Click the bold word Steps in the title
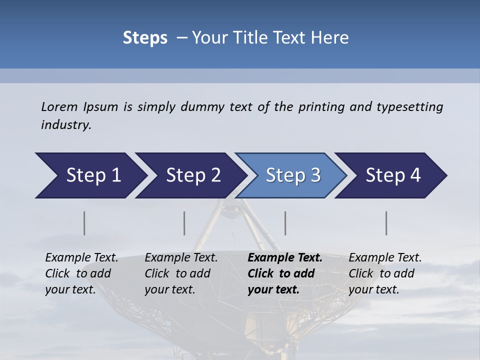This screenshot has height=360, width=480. coord(145,38)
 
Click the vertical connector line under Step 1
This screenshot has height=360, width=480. coord(84,223)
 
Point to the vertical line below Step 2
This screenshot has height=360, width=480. coord(184,223)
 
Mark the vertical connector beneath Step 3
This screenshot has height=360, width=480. coord(285,223)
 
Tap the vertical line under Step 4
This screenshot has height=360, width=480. coord(386,223)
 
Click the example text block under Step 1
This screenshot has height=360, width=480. coord(81,273)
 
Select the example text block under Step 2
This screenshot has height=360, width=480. coord(181,273)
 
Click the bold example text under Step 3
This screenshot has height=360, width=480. coord(285,273)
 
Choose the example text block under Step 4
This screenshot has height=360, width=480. coord(385,273)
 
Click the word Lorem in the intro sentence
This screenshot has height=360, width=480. coord(59,107)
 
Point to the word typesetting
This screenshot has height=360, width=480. coord(409,107)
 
